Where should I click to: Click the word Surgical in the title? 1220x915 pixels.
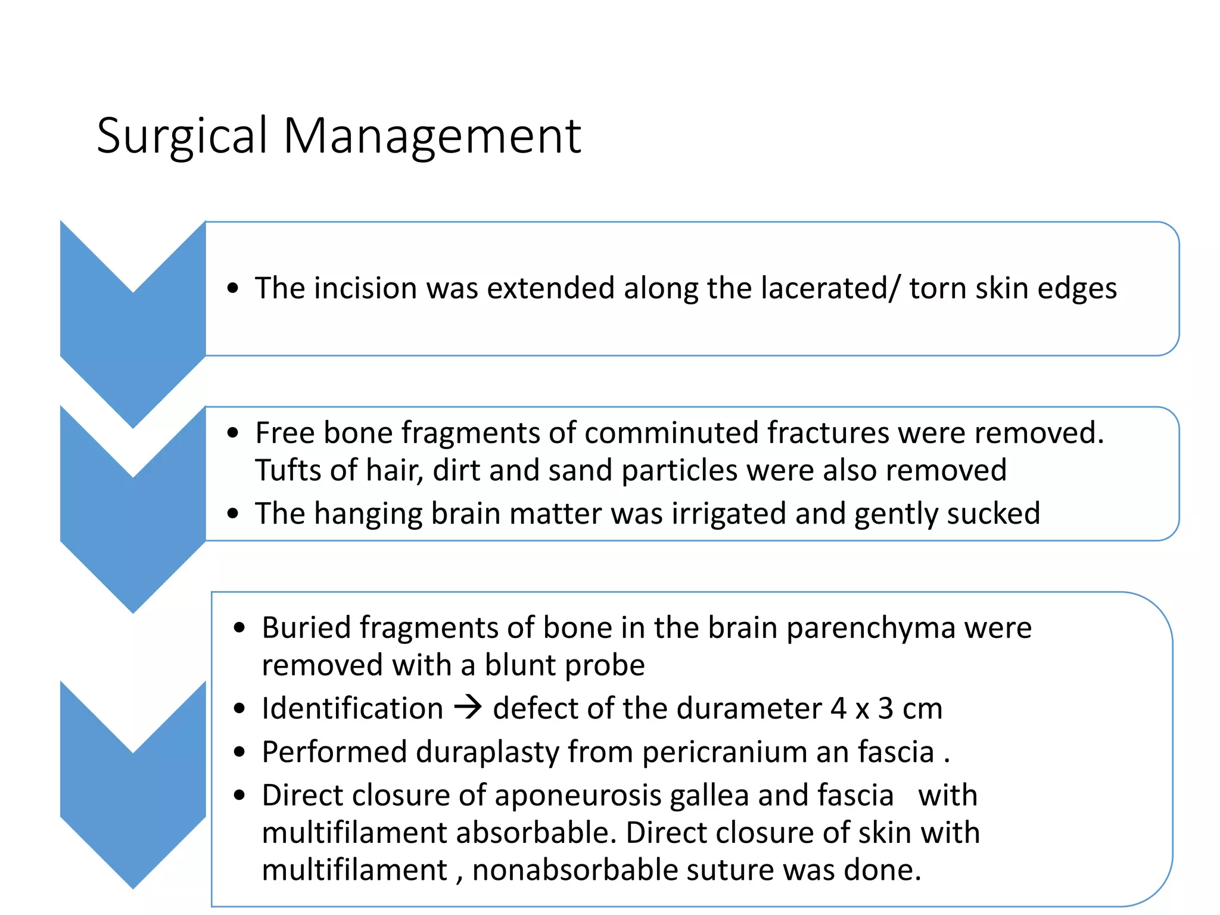[x=182, y=137]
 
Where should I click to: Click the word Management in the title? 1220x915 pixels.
[x=432, y=137]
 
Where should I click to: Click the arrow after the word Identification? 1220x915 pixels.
[x=468, y=708]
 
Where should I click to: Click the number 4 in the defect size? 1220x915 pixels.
[x=838, y=709]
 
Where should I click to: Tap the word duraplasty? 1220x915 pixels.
[x=487, y=752]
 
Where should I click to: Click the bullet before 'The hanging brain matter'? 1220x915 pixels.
[x=233, y=513]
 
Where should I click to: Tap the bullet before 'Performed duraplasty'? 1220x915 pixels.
[x=239, y=752]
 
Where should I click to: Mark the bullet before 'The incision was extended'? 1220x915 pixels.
[x=233, y=289]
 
